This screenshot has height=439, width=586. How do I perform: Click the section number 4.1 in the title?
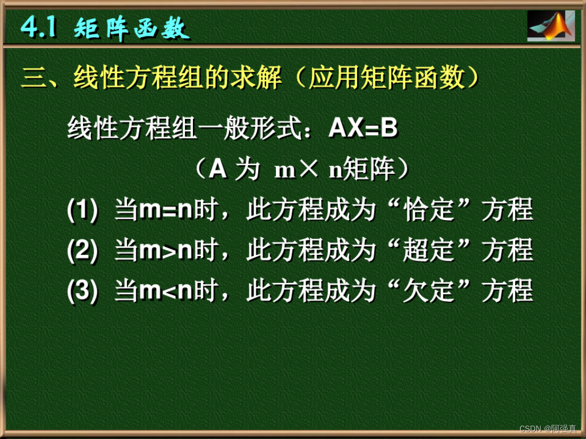39,27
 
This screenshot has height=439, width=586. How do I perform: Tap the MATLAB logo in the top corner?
551,27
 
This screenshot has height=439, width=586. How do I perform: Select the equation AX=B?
363,129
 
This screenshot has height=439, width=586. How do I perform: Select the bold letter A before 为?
217,170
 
